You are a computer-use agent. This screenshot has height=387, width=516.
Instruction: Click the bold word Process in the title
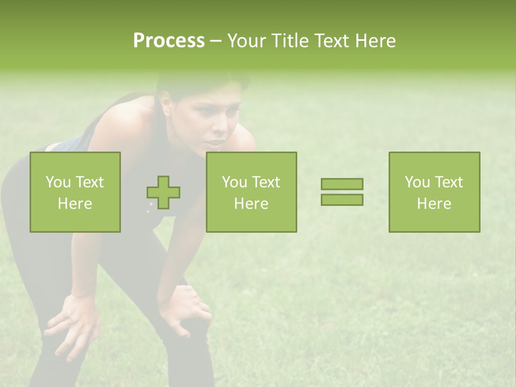pyautogui.click(x=169, y=41)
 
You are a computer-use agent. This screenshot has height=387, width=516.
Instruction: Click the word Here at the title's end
pyautogui.click(x=374, y=41)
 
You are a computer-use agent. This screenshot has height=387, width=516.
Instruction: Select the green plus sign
pyautogui.click(x=163, y=192)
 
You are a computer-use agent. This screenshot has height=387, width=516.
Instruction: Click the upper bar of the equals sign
pyautogui.click(x=342, y=184)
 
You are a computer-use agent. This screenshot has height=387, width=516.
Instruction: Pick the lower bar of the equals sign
pyautogui.click(x=342, y=199)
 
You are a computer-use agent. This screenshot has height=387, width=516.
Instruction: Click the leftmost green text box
pyautogui.click(x=75, y=192)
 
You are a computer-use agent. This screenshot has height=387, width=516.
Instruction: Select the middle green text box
pyautogui.click(x=251, y=192)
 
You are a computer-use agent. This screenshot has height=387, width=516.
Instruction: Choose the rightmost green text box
pyautogui.click(x=434, y=192)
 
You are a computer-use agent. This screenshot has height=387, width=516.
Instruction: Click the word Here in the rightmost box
pyautogui.click(x=434, y=203)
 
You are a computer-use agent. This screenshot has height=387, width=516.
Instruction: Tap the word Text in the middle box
pyautogui.click(x=266, y=182)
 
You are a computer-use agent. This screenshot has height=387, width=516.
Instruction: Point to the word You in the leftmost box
pyautogui.click(x=58, y=182)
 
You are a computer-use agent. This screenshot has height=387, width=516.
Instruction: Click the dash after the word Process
pyautogui.click(x=216, y=41)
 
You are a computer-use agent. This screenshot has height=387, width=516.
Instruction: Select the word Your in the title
pyautogui.click(x=246, y=41)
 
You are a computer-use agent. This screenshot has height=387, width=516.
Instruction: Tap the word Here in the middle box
pyautogui.click(x=251, y=203)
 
